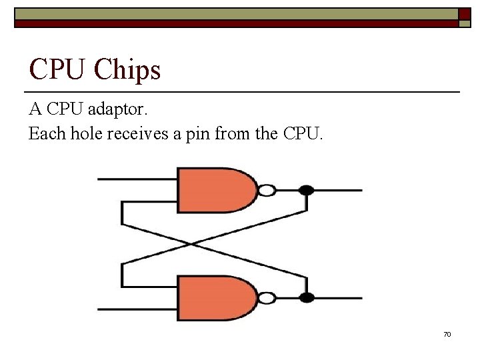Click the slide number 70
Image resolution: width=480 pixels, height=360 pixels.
coord(447,334)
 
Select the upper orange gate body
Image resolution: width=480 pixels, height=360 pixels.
coord(213,190)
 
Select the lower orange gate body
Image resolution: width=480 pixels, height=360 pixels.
coord(213,298)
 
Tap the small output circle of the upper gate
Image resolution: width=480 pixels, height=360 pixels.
coord(267,191)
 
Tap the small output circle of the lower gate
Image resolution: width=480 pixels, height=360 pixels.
coord(267,298)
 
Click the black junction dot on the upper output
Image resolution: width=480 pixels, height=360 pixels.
coord(306,191)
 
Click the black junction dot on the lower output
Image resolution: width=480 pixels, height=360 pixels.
coord(306,298)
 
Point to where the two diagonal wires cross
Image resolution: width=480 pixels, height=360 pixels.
coord(193,244)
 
